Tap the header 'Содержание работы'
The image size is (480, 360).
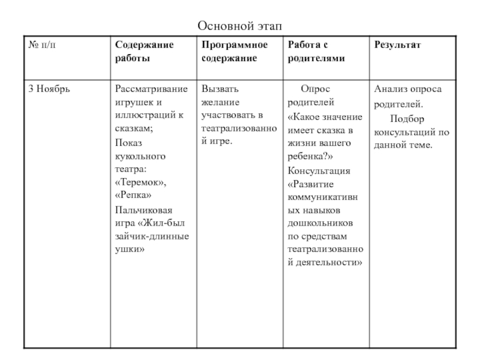click(x=145, y=52)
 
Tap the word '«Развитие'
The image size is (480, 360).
click(x=310, y=184)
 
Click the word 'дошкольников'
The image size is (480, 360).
click(x=322, y=223)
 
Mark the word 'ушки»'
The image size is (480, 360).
click(x=130, y=249)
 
